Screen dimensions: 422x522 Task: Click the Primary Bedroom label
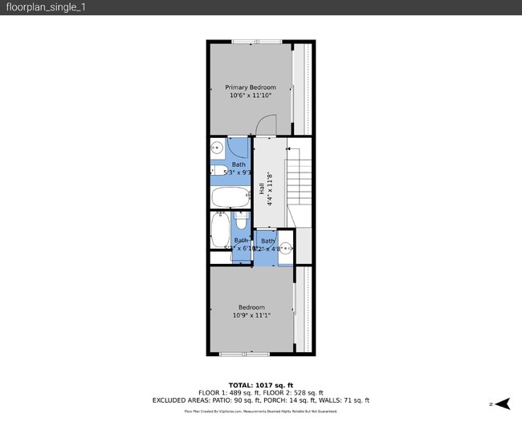(x=250, y=87)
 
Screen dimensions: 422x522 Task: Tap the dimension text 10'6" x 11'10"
(x=250, y=95)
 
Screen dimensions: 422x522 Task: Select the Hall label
(x=262, y=189)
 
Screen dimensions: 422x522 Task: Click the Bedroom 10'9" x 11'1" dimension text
(x=251, y=315)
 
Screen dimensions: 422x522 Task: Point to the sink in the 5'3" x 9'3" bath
(x=217, y=147)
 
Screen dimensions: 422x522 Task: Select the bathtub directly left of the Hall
(x=230, y=197)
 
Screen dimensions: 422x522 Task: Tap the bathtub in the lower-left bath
(x=219, y=230)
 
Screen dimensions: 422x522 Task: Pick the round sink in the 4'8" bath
(x=286, y=247)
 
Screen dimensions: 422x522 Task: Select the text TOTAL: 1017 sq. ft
(x=260, y=384)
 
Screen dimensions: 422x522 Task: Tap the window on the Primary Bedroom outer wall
(x=256, y=41)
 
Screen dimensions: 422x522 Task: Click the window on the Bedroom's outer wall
(x=244, y=353)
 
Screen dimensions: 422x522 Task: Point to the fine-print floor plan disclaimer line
(x=260, y=411)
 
